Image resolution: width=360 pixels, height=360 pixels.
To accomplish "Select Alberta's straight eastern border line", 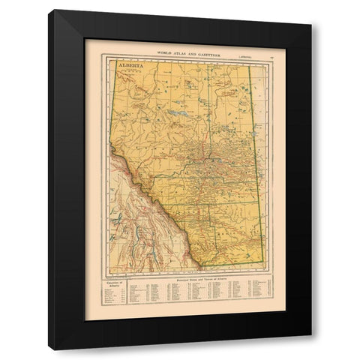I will coord(256,165).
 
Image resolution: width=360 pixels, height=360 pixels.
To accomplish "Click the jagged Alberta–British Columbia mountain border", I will coord(150,206).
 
